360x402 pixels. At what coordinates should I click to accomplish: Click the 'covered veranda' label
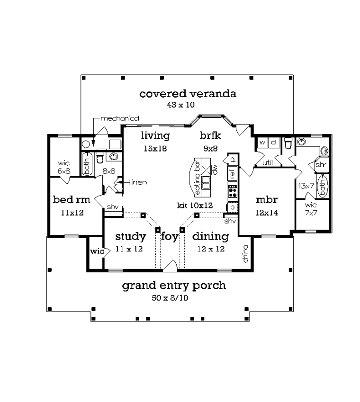[x=188, y=94]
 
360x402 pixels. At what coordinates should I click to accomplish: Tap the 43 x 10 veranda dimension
[x=181, y=105]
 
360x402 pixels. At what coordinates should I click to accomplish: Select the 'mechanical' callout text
[x=120, y=118]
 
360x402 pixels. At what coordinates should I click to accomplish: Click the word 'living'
[x=155, y=136]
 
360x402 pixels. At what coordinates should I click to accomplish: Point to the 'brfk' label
[x=210, y=135]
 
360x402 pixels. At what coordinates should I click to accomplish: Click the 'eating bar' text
[x=197, y=178]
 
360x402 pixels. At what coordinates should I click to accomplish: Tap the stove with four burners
[x=233, y=191]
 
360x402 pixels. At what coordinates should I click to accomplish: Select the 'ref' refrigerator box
[x=232, y=173]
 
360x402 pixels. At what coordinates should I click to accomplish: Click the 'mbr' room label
[x=267, y=200]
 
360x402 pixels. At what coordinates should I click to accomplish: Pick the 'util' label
[x=268, y=162]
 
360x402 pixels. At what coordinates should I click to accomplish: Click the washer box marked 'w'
[x=262, y=143]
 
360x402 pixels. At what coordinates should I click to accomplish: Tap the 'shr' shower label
[x=321, y=165]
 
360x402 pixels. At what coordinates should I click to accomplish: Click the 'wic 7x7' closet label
[x=311, y=209]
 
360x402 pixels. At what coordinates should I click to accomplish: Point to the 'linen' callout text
[x=138, y=182]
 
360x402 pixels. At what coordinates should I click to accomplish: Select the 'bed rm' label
[x=72, y=199]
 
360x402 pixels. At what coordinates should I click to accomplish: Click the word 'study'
[x=131, y=237]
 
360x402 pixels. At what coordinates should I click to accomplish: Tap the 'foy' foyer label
[x=170, y=237]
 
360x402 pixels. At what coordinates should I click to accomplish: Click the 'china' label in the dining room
[x=245, y=254]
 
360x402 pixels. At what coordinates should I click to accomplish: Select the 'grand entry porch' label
[x=174, y=286]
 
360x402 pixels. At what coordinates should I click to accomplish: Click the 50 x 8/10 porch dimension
[x=170, y=298]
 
